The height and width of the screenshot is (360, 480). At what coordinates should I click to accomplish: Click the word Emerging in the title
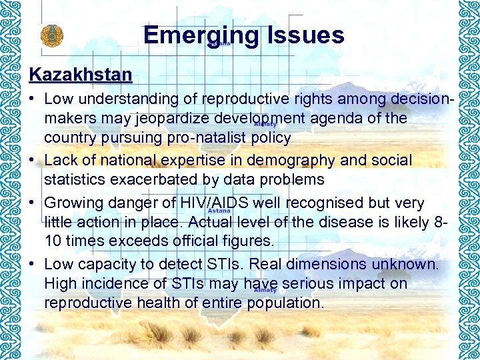point(201,35)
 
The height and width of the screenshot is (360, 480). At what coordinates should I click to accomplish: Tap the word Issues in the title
point(305,35)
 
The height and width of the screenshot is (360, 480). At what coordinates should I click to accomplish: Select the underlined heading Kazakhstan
point(81,74)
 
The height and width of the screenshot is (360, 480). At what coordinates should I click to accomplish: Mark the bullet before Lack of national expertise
point(32,161)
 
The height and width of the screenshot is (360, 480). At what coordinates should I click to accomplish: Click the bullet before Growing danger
point(32,203)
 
